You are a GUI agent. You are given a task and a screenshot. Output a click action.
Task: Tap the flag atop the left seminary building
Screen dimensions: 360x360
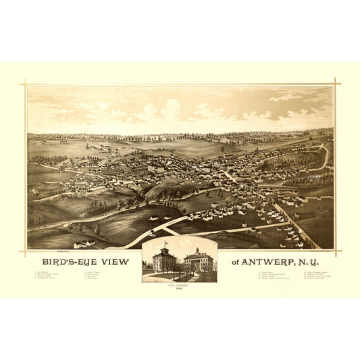click(x=165, y=242)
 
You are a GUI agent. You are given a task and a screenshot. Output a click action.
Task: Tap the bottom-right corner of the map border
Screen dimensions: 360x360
click(x=334, y=249)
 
